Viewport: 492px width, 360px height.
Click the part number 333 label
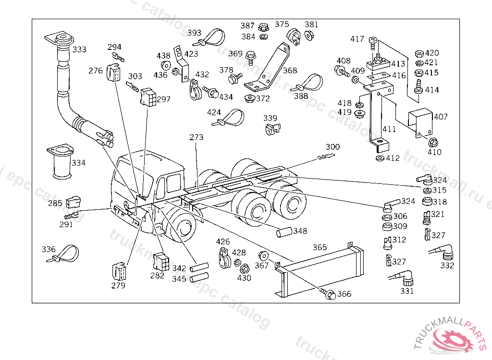click(80, 49)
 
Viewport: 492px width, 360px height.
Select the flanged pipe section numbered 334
click(60, 162)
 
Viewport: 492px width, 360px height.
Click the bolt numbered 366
click(330, 294)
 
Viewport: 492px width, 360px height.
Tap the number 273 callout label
click(196, 137)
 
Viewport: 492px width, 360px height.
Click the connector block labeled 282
click(160, 260)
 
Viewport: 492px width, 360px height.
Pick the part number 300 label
click(332, 147)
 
